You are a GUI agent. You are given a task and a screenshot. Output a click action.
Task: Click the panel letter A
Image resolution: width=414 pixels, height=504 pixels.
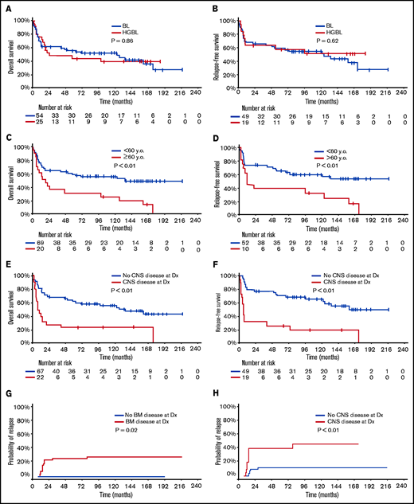[6, 8]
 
